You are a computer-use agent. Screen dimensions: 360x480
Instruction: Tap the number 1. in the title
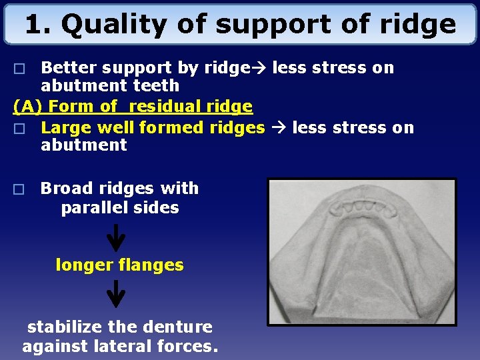(39, 25)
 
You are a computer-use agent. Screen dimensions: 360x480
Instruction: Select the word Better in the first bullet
(65, 68)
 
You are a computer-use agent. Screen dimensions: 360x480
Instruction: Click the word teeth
(157, 86)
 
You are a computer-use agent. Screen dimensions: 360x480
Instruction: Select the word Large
(65, 127)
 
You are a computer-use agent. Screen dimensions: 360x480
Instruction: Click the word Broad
(65, 189)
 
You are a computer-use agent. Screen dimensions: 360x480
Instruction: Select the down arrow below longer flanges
(116, 293)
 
